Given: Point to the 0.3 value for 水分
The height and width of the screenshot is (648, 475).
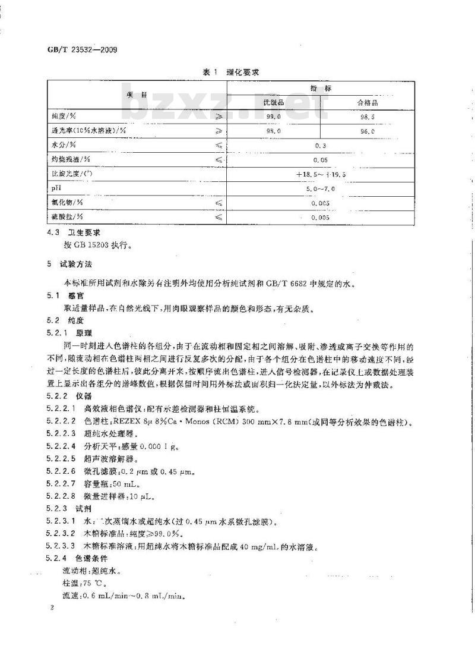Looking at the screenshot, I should pos(321,145).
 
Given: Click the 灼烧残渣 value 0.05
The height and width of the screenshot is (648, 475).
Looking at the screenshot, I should pos(321,159).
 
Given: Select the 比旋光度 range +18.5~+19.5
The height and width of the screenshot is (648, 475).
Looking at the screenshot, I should pos(321,174).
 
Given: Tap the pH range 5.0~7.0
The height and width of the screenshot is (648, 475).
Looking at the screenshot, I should pos(321,188).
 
